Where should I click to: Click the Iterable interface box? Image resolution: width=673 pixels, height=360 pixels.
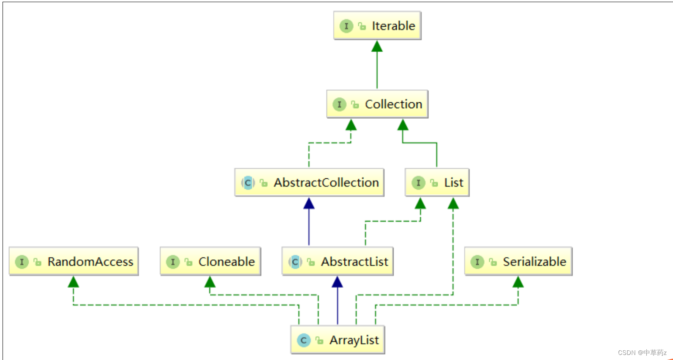(377, 26)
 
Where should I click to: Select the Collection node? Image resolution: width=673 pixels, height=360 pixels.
(377, 104)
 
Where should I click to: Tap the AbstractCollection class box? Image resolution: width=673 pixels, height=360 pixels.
(309, 183)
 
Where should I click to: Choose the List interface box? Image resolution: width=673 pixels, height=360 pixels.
(437, 183)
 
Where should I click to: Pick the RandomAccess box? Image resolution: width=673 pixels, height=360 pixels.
(74, 262)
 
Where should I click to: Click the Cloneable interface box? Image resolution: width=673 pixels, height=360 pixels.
(210, 262)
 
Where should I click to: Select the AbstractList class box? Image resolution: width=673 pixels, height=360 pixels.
(338, 262)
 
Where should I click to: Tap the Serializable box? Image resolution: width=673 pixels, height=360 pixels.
(518, 262)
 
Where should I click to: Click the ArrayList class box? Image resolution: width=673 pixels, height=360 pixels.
(338, 340)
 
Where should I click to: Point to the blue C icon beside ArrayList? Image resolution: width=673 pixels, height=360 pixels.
(303, 340)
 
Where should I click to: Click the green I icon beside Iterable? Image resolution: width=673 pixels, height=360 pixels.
(346, 26)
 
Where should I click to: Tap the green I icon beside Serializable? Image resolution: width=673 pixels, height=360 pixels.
(477, 262)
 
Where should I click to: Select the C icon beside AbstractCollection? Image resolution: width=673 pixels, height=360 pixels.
(248, 183)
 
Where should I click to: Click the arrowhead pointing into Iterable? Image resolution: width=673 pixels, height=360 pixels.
(377, 46)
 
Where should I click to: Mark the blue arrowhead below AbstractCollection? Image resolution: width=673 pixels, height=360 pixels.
(309, 204)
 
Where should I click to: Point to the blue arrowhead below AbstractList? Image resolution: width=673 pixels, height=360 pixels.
(337, 282)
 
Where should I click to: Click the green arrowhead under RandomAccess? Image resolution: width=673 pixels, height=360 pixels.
(74, 282)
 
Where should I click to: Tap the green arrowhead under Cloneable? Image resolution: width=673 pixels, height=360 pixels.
(210, 282)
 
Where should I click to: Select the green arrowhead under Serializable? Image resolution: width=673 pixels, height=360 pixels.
(518, 282)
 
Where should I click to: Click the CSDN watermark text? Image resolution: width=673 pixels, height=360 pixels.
(642, 352)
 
